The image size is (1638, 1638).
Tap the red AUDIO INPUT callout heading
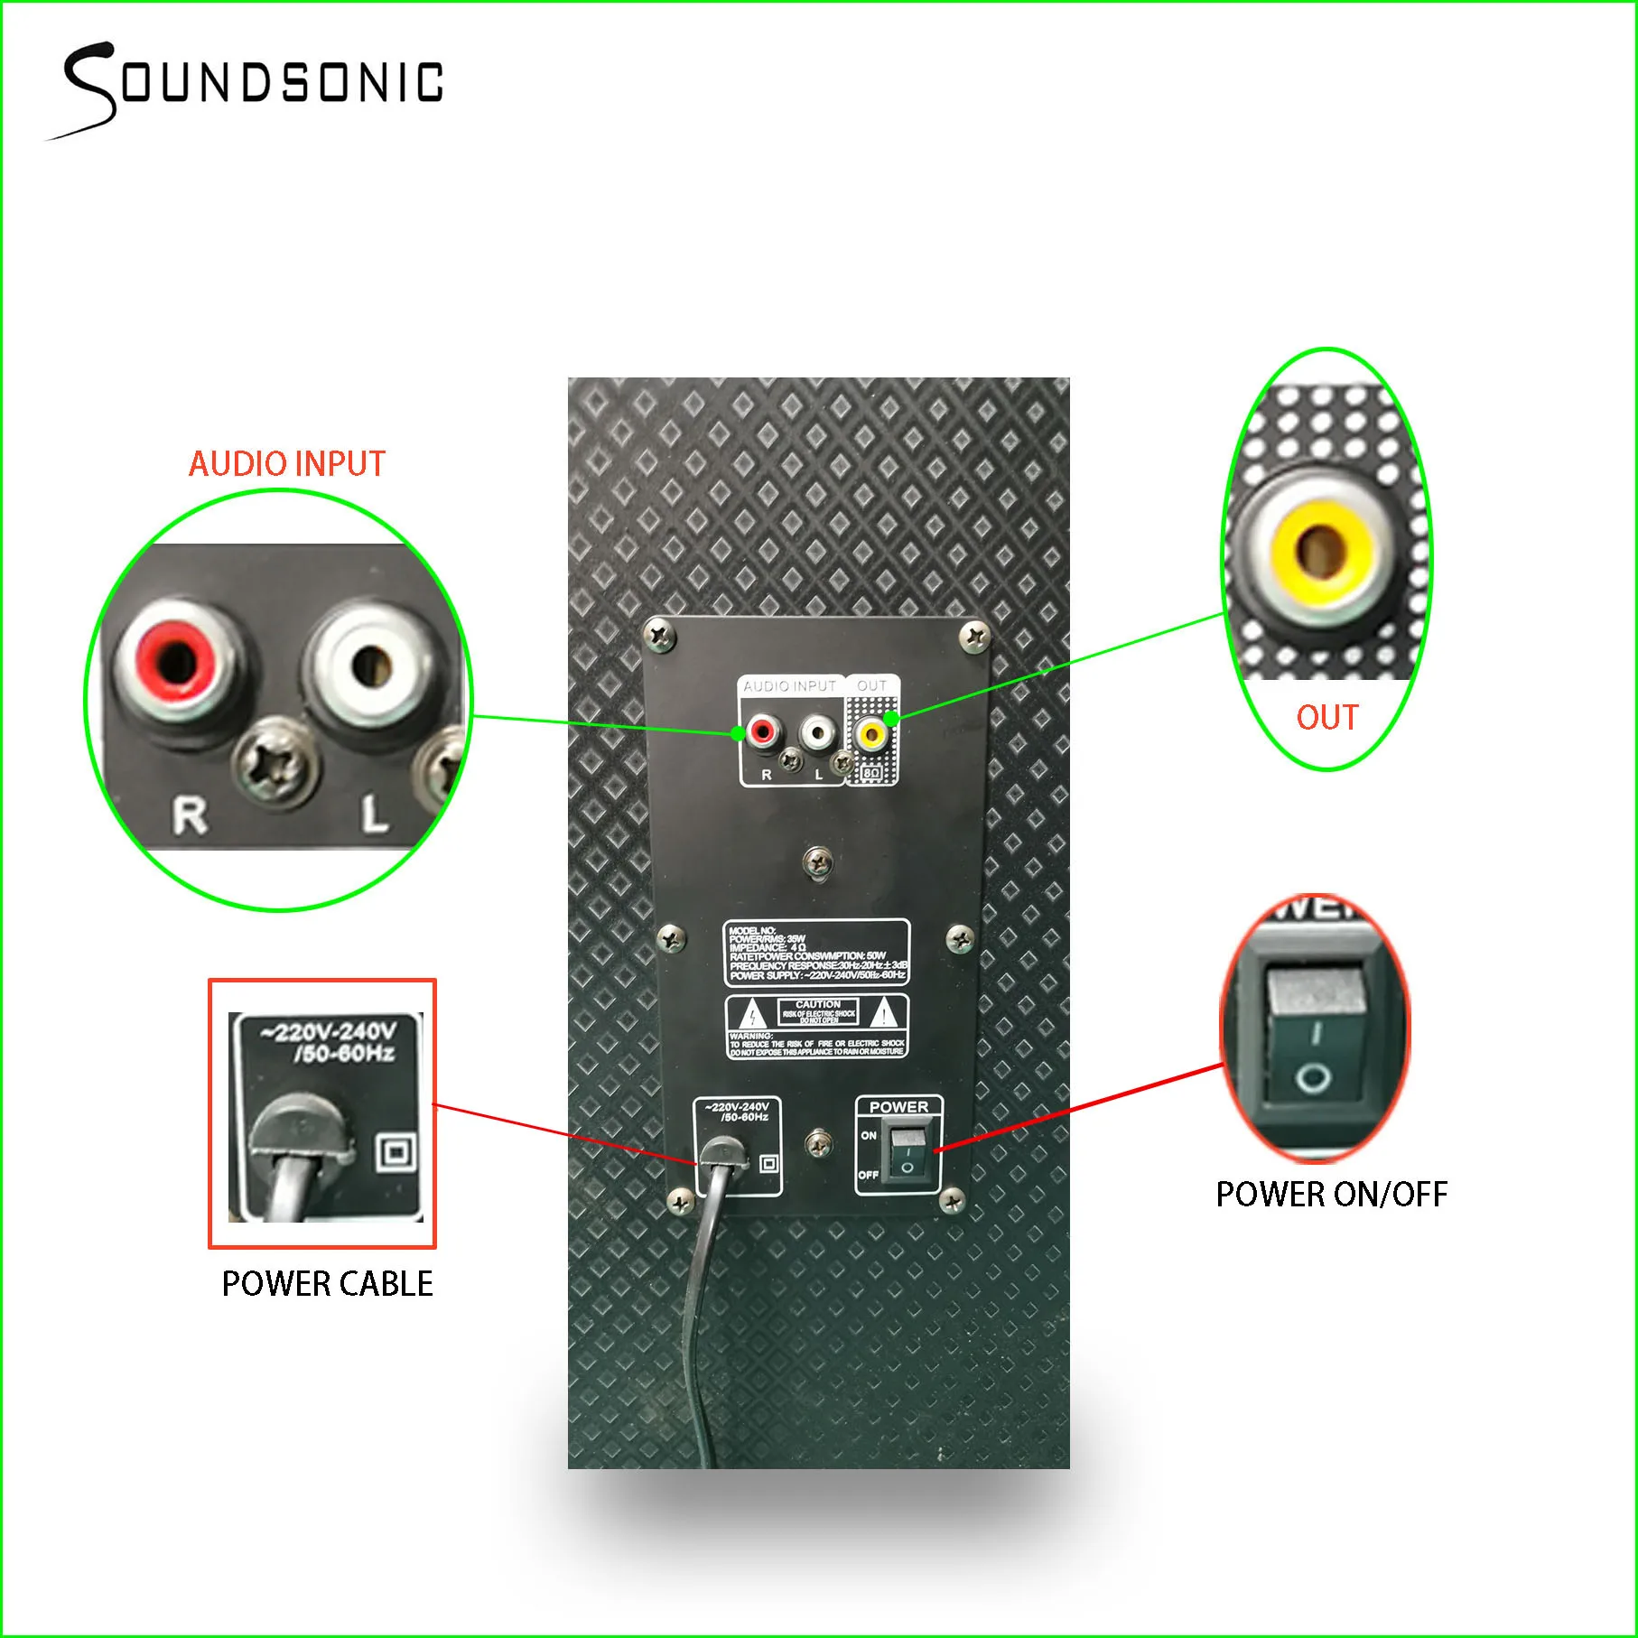(x=286, y=464)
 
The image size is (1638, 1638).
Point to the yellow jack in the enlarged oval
(x=1321, y=550)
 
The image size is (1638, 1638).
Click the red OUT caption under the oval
(x=1326, y=718)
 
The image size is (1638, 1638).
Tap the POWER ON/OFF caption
(x=1331, y=1195)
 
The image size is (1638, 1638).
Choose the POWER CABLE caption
(x=327, y=1284)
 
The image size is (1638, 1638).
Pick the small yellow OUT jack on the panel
(x=870, y=733)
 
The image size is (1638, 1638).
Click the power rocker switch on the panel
(x=907, y=1154)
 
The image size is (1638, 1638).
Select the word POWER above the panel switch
(x=898, y=1107)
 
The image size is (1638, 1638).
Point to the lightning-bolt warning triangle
(x=752, y=1016)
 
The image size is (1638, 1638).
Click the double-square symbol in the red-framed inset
(x=396, y=1153)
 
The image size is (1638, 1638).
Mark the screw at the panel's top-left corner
(x=662, y=634)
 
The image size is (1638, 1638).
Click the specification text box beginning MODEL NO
(x=816, y=953)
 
